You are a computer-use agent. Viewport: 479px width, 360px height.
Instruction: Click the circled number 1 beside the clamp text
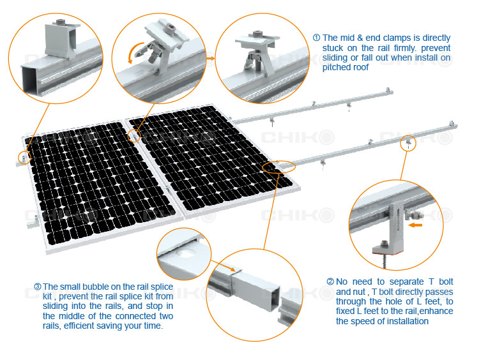317,38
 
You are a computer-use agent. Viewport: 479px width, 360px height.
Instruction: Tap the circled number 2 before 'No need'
330,281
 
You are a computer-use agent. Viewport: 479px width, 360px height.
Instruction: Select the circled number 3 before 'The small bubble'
38,287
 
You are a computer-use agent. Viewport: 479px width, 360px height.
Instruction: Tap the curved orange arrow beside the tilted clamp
134,52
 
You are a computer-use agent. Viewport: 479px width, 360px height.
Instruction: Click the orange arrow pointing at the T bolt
416,225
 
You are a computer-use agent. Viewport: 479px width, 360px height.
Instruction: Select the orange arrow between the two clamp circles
211,58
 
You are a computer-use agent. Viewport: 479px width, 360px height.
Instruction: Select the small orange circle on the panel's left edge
24,158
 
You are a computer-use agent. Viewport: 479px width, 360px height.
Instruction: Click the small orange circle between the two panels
134,135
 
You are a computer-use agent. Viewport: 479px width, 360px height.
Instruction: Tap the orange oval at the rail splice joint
279,167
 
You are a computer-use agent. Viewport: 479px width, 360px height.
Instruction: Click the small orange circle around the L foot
409,143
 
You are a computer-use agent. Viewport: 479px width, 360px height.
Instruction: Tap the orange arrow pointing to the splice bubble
223,266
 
